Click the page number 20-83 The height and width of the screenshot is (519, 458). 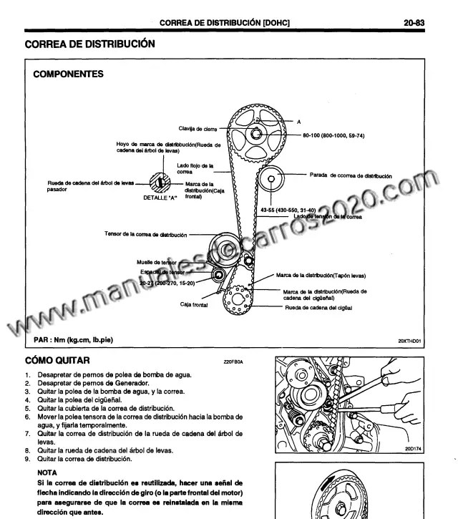pos(414,23)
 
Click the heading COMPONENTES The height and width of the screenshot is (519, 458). pos(68,74)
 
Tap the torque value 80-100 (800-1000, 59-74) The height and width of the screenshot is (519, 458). pos(333,135)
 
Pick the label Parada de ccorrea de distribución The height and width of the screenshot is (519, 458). pos(350,175)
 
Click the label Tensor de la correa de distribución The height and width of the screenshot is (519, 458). pos(145,234)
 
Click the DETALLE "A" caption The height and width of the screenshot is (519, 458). pos(160,197)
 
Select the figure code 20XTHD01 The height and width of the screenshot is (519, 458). pos(410,341)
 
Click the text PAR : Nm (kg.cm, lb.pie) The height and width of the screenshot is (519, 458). pos(73,339)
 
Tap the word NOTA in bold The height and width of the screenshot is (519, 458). pos(49,473)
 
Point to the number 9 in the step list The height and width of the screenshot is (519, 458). pos(28,459)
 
